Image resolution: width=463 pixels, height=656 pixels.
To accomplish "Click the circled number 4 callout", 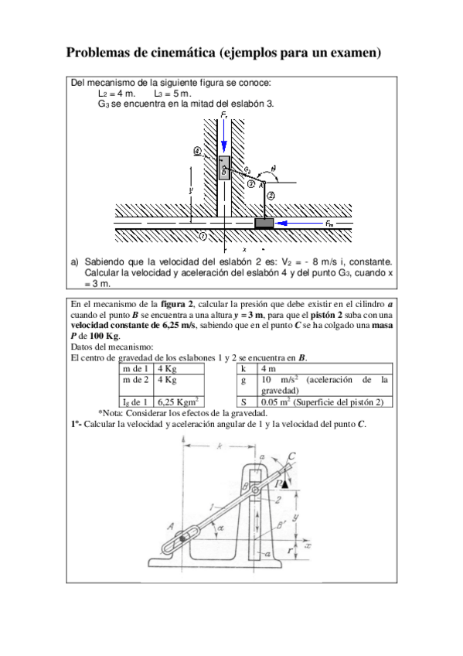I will (x=198, y=151).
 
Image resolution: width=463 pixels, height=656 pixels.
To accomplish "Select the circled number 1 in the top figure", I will (x=203, y=235).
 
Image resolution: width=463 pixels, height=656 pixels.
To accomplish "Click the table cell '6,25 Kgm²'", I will (x=179, y=401).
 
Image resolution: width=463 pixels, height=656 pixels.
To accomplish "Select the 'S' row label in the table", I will (x=243, y=401).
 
